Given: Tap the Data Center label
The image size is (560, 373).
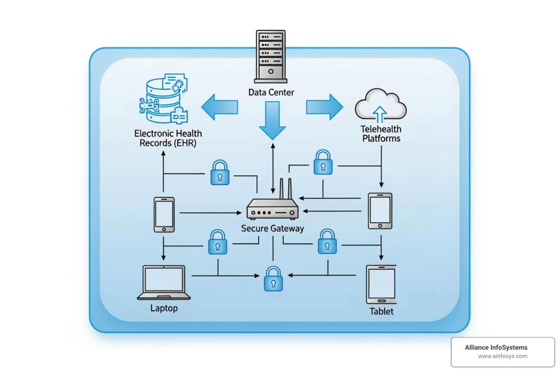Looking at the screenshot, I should point(271,93).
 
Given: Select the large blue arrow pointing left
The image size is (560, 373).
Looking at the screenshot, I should point(219,107).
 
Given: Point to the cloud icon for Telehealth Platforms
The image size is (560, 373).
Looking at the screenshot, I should point(380,105).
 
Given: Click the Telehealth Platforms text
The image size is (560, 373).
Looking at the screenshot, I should point(381,134).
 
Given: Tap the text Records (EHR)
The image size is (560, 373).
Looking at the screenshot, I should point(168,143).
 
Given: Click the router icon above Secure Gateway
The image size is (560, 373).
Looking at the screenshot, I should point(272,209).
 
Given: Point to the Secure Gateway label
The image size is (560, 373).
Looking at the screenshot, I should point(272,228).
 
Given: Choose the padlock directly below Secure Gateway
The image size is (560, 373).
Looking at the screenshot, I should point(273,279).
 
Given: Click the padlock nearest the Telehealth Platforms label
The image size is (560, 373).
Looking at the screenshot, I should point(323,162).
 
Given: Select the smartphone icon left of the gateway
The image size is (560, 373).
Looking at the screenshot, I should point(164,215).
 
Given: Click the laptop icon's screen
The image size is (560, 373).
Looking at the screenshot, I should point(164,279).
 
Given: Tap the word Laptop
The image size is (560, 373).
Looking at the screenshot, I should point(164,308).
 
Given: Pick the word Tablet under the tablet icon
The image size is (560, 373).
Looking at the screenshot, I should point(381,311).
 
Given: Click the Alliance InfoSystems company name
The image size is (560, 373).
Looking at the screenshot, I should point(496,348).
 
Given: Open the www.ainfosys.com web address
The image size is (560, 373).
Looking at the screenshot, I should point(502,356).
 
